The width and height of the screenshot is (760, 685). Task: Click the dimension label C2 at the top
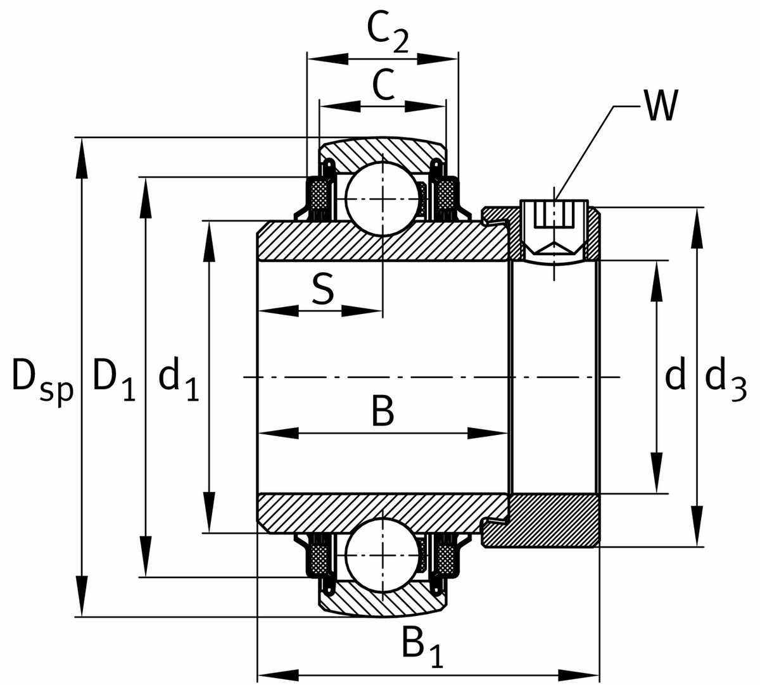pyautogui.click(x=387, y=32)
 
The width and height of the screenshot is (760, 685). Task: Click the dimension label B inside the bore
pyautogui.click(x=383, y=412)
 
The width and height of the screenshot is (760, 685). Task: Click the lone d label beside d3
pyautogui.click(x=675, y=377)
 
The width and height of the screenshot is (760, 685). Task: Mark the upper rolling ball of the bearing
pyautogui.click(x=383, y=199)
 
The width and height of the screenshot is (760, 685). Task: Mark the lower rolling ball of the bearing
pyautogui.click(x=383, y=555)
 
